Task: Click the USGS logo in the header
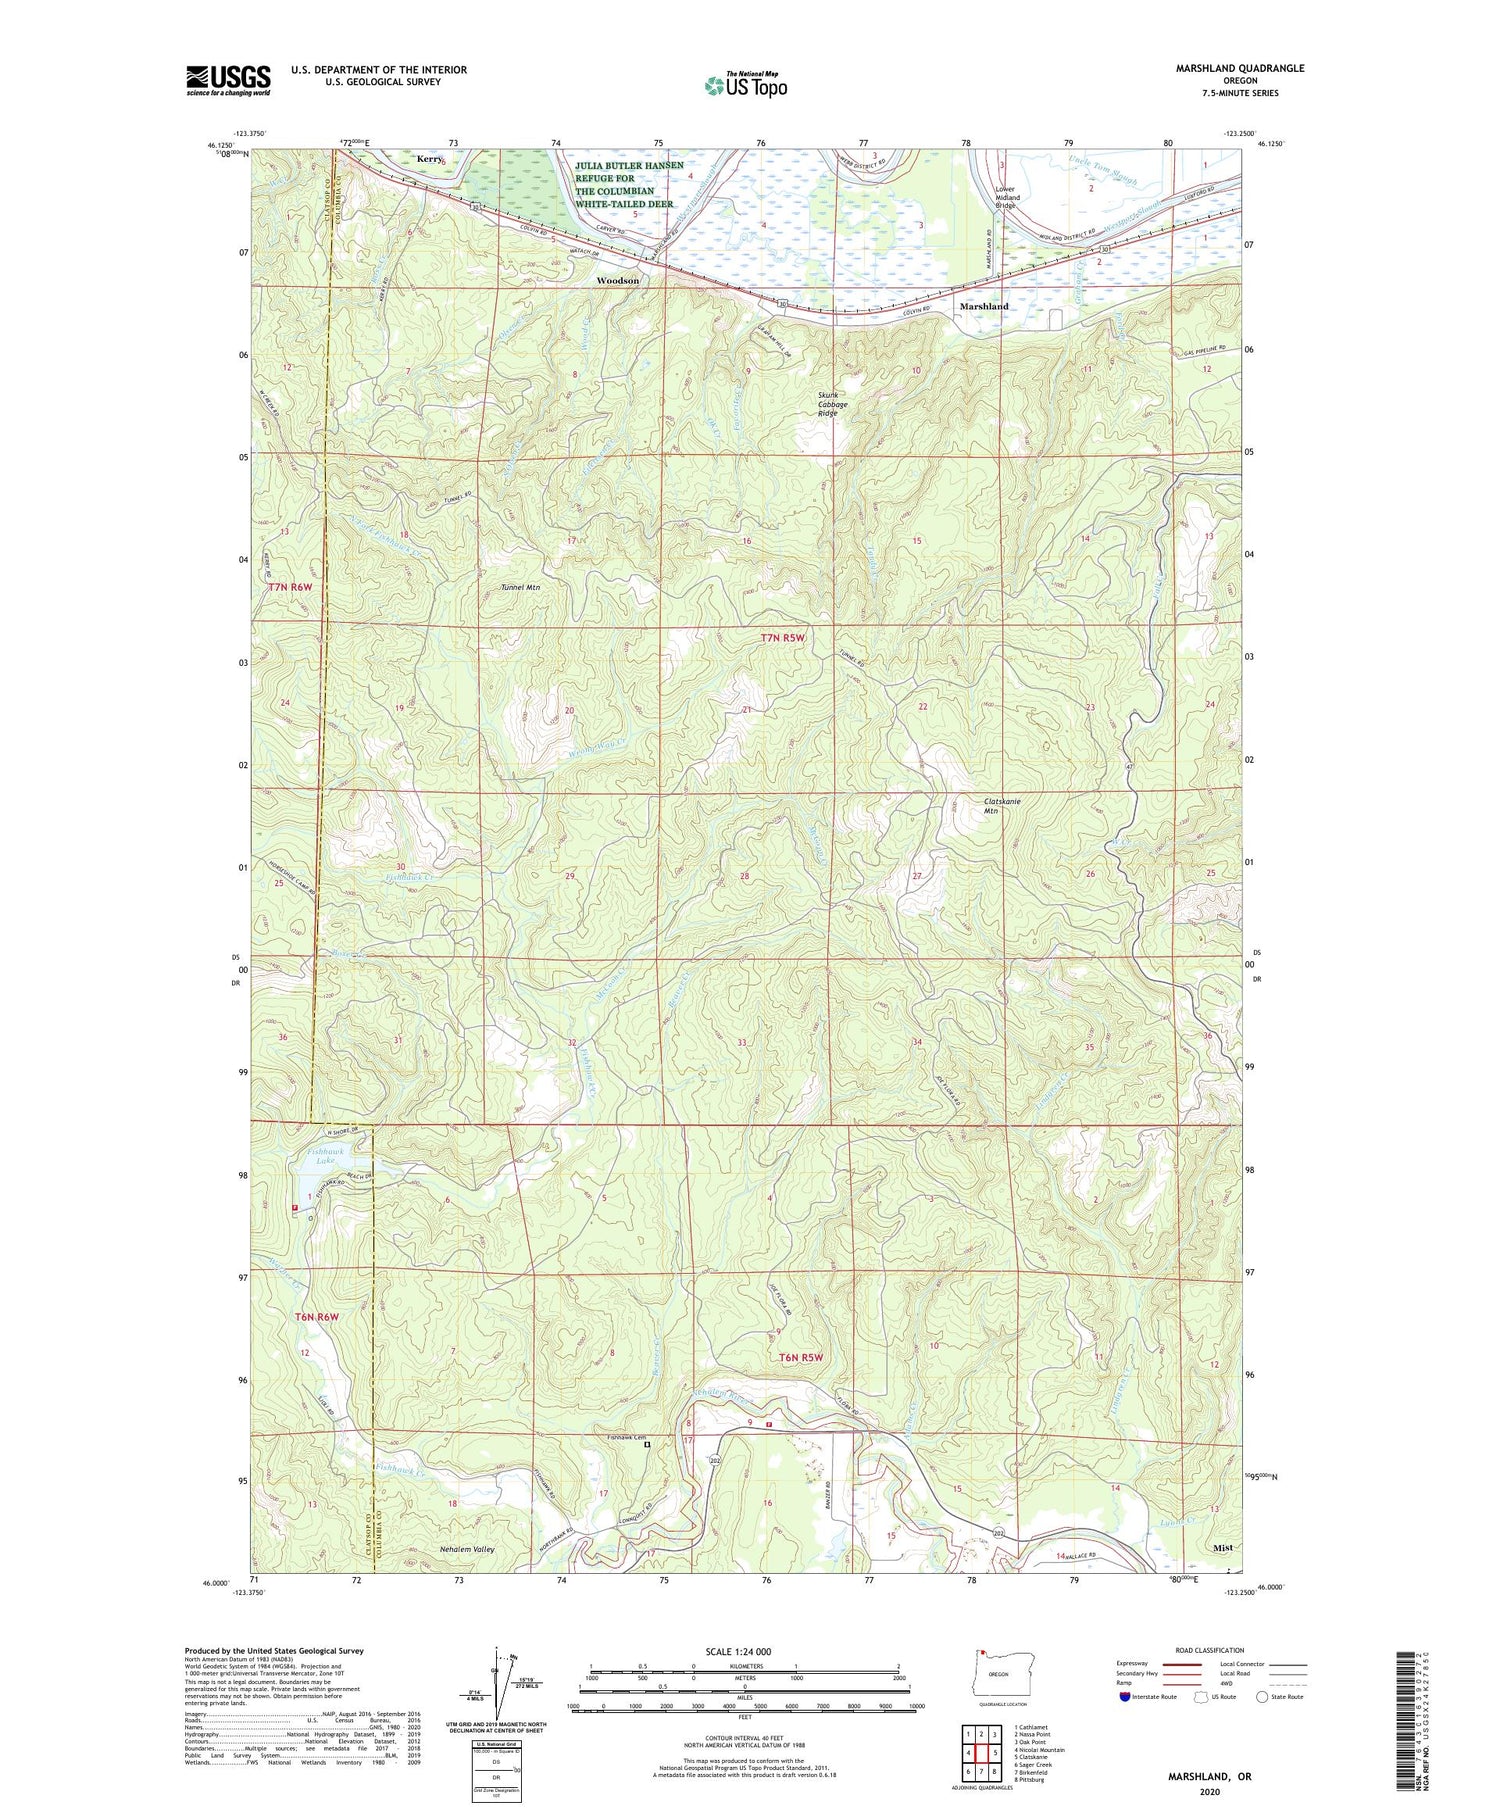pos(228,80)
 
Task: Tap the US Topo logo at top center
pos(745,86)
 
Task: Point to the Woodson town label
pos(617,281)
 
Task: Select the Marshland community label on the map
pos(984,306)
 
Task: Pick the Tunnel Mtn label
pos(519,588)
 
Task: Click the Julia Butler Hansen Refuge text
pos(629,184)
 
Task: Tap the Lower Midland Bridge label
pos(1007,198)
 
